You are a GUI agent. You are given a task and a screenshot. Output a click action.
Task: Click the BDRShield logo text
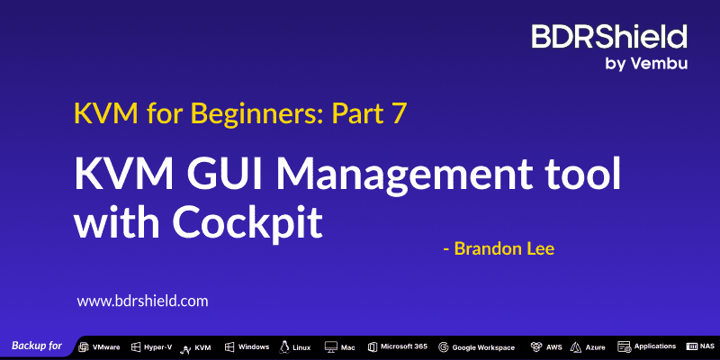[609, 37]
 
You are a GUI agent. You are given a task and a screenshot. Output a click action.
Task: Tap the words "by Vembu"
[646, 64]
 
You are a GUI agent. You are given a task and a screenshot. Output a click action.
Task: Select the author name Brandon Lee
[504, 249]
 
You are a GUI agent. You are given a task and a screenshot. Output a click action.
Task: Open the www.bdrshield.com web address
[142, 301]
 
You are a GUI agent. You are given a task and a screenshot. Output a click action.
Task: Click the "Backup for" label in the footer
[37, 346]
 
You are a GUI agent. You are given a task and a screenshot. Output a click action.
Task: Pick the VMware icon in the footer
[84, 347]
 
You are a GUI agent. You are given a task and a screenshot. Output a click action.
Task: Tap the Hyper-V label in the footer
[158, 347]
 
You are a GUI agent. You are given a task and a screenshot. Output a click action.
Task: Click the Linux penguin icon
[284, 346]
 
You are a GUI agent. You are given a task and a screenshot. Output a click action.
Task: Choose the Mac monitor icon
[330, 347]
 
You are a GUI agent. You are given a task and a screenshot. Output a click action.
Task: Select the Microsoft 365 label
[404, 346]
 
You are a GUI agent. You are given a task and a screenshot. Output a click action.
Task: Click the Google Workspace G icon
[443, 347]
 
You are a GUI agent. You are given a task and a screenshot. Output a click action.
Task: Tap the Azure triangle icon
[576, 347]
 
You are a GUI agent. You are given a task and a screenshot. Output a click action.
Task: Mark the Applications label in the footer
[655, 346]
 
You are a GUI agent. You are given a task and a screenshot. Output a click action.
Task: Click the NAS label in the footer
[707, 346]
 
